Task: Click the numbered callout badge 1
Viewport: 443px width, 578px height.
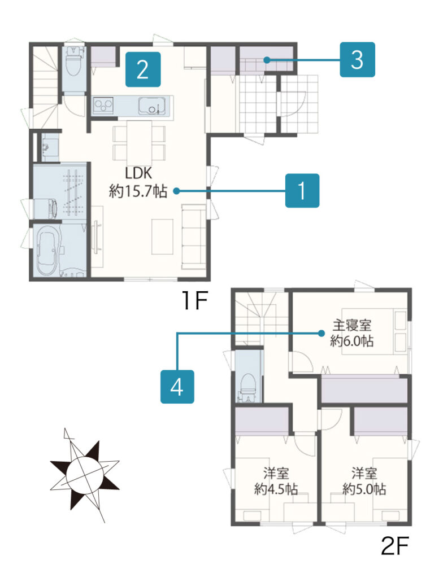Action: pos(302,191)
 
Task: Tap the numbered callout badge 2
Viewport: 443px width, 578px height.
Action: pos(143,69)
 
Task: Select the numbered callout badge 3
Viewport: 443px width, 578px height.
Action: pos(357,60)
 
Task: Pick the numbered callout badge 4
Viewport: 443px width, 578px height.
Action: pos(177,387)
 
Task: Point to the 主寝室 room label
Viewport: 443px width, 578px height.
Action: pos(352,326)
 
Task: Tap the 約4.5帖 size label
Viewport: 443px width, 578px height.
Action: pos(276,489)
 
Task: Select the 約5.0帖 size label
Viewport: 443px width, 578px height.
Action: pos(364,489)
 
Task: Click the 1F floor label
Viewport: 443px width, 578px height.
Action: pos(194,300)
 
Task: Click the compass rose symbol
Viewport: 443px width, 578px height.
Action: pos(85,474)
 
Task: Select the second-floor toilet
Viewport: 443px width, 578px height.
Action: pos(247,387)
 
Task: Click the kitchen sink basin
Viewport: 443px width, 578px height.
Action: pos(152,106)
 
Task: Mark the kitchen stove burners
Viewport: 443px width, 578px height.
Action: pos(103,105)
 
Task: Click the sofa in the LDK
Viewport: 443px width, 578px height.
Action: pos(193,237)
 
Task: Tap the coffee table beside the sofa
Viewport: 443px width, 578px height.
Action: pos(162,237)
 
